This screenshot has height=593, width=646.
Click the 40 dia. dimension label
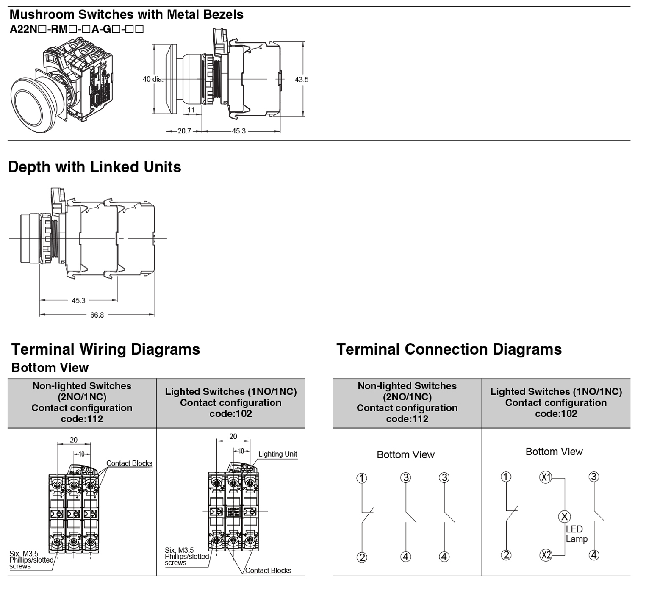tap(152, 79)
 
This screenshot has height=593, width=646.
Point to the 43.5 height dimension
tap(302, 79)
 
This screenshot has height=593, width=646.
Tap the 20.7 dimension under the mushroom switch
tap(184, 131)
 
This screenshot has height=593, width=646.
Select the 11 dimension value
tap(191, 110)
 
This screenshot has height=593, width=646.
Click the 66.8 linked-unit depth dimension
tap(97, 315)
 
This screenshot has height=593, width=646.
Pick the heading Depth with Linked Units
tap(94, 167)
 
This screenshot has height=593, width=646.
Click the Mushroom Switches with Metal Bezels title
tap(126, 14)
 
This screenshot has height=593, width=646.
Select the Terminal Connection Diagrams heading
tap(449, 349)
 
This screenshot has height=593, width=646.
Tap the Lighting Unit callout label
tap(277, 454)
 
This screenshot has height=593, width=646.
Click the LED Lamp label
tap(576, 534)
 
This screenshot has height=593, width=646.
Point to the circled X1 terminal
tap(546, 477)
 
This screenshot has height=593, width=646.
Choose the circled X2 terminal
tap(546, 555)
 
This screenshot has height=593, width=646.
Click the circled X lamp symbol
tap(564, 516)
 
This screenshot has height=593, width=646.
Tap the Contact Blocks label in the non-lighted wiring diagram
tap(129, 463)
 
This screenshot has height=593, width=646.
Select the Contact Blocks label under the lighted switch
tap(268, 571)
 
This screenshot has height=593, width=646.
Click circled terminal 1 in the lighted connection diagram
tap(506, 477)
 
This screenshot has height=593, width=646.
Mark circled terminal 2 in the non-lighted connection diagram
tap(362, 557)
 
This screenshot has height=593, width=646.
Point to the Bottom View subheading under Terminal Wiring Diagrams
tap(50, 368)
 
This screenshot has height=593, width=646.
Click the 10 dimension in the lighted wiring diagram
tap(241, 451)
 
